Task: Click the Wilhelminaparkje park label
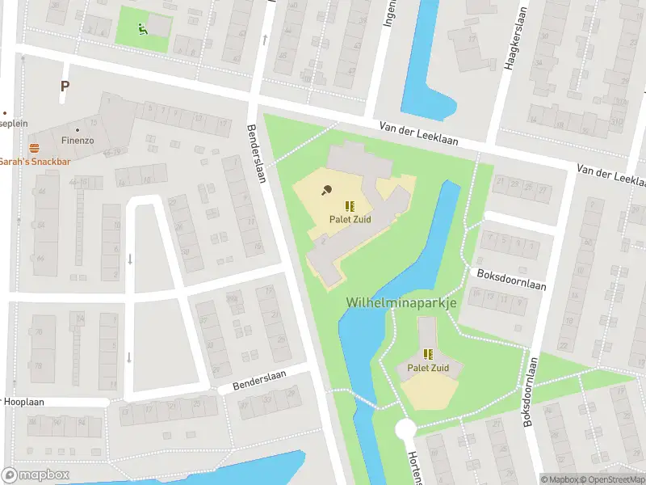401,302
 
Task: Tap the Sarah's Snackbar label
36,162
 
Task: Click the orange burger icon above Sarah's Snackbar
34,148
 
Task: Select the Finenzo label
78,140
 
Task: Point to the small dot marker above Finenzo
78,129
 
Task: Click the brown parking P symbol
65,86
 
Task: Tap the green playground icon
142,30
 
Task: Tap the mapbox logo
36,474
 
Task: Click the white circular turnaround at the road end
405,429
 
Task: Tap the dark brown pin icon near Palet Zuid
327,191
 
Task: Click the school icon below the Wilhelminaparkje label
428,354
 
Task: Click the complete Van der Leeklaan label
419,133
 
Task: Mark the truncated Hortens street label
415,466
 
